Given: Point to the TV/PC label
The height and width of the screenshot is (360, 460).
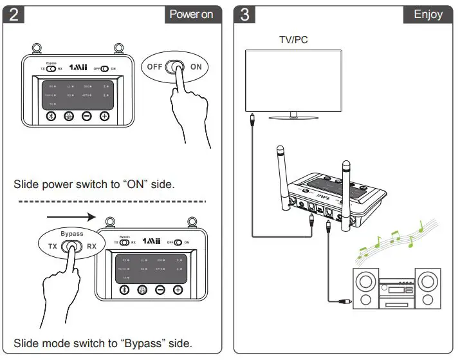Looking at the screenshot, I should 293,40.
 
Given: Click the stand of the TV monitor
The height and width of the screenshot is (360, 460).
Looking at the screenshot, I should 293,115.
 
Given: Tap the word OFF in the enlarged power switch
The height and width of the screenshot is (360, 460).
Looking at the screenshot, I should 155,66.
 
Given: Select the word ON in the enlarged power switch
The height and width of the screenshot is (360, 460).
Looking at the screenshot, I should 196,66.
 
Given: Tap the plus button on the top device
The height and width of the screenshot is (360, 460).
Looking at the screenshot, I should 104,116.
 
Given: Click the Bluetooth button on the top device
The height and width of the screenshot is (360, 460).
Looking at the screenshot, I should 53,116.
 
